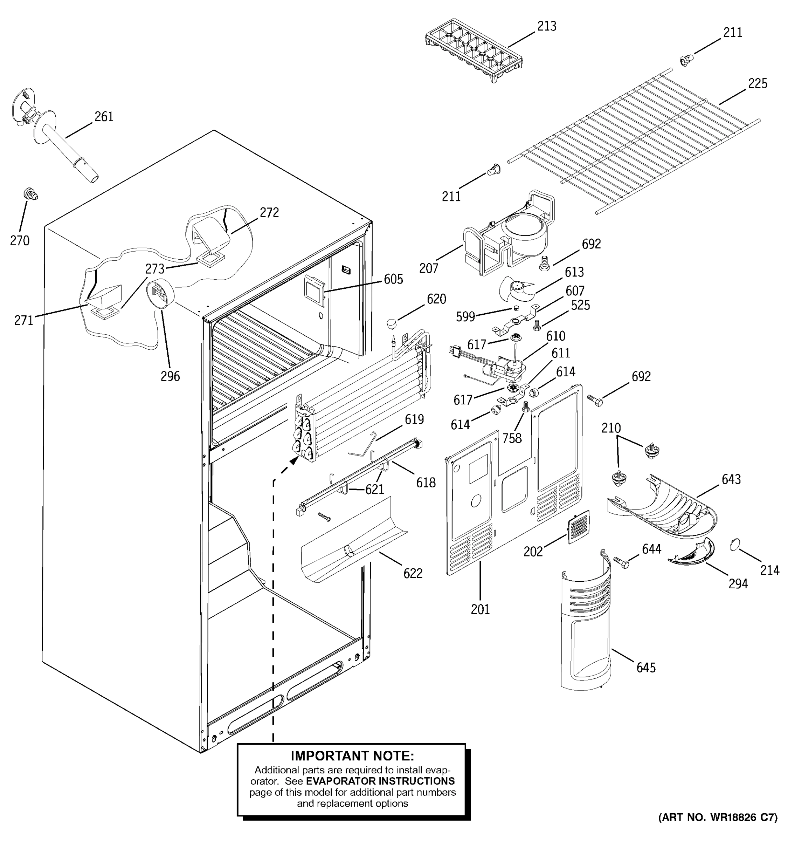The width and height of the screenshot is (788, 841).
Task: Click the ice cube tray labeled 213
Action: [x=474, y=50]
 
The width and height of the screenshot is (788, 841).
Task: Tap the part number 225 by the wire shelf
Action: [x=757, y=84]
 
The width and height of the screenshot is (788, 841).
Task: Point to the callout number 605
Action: [x=393, y=279]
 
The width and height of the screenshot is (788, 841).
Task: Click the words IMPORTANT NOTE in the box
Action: [x=352, y=756]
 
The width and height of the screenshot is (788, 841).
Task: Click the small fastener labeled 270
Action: [x=30, y=194]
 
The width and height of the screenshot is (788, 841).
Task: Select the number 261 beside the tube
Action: [x=104, y=117]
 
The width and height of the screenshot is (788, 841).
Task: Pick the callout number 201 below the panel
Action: [x=480, y=610]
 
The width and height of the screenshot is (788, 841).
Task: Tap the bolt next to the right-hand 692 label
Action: [x=594, y=400]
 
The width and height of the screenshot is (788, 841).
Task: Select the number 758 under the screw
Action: [x=512, y=439]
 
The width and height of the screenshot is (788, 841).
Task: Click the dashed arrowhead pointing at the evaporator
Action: [x=295, y=460]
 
